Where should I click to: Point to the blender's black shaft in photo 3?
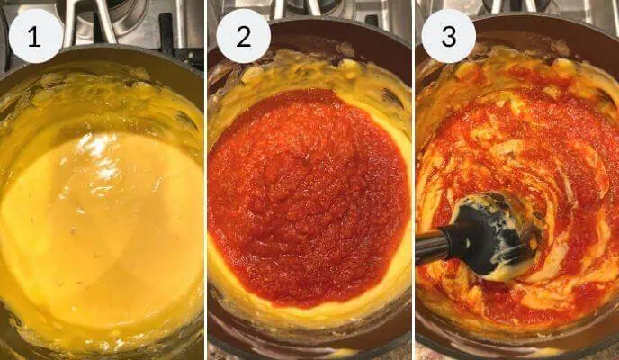click(434, 244)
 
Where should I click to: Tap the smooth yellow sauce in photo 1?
click(99, 225)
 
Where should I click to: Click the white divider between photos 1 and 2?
click(205, 180)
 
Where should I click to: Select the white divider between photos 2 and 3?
click(412, 180)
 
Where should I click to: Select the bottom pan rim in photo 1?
click(99, 351)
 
